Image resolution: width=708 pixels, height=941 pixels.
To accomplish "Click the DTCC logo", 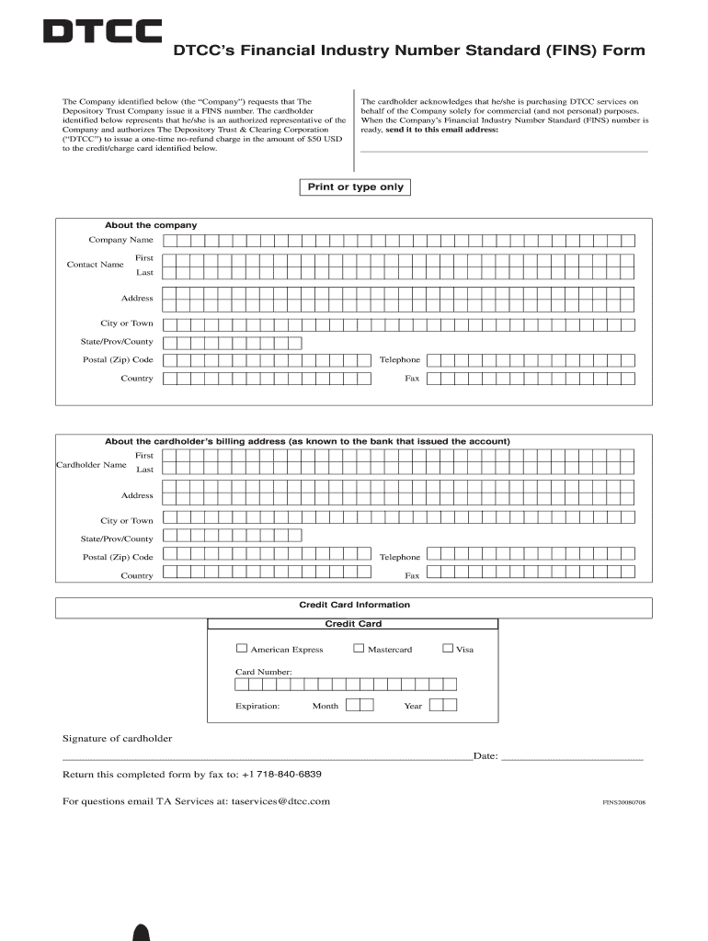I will click(103, 32).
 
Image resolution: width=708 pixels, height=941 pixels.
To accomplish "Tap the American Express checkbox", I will click(242, 648).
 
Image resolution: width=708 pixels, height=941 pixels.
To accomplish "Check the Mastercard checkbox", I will click(359, 648).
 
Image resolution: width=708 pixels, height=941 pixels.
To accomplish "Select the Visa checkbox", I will click(448, 648).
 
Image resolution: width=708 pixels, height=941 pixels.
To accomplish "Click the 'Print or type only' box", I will click(355, 187).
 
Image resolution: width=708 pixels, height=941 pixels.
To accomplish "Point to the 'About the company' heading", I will click(151, 225).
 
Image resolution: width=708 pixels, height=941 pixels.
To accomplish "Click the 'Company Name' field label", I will click(120, 240).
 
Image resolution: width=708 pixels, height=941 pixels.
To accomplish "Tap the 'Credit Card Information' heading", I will click(355, 605).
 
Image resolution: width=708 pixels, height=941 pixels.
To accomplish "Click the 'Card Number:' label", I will click(264, 673).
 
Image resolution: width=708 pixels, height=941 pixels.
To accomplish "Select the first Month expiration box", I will click(351, 705).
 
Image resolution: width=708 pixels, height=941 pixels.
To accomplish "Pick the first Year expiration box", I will click(436, 705).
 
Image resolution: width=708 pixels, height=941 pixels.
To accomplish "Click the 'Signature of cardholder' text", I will click(117, 739).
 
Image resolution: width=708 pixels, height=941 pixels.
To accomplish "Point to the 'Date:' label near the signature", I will click(485, 756).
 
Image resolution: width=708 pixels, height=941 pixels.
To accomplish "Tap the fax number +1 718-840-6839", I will click(281, 774).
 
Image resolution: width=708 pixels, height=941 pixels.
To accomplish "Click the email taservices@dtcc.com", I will click(280, 801).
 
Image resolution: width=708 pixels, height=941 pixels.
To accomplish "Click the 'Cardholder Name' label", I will click(91, 465).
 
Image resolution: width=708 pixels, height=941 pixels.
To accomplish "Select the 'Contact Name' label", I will click(95, 265).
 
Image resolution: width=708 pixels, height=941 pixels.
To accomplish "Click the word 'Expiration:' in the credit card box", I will click(257, 706).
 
